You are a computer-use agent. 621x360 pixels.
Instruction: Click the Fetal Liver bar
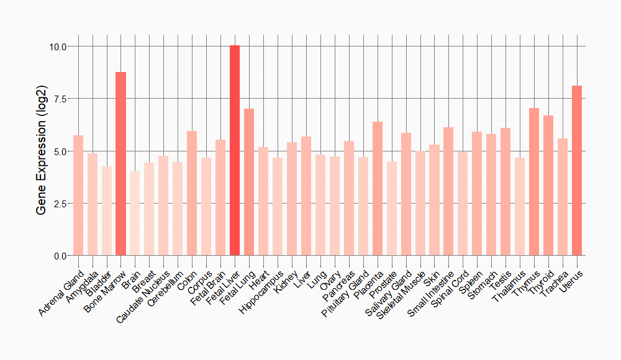click(x=235, y=150)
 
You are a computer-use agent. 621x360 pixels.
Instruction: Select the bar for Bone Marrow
click(x=120, y=164)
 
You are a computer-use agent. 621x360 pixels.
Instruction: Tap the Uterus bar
click(x=577, y=171)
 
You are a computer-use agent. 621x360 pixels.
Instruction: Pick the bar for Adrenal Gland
click(x=78, y=196)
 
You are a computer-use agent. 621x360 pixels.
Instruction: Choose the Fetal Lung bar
click(x=249, y=182)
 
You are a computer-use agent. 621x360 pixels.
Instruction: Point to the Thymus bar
click(x=534, y=182)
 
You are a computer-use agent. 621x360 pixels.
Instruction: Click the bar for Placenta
click(x=377, y=189)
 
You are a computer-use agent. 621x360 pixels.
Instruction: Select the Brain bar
click(x=135, y=214)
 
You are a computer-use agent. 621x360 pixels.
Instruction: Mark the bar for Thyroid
click(x=548, y=186)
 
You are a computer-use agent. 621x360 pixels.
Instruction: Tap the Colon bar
click(x=192, y=193)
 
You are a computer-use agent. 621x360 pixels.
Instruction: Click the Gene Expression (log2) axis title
click(x=42, y=151)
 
